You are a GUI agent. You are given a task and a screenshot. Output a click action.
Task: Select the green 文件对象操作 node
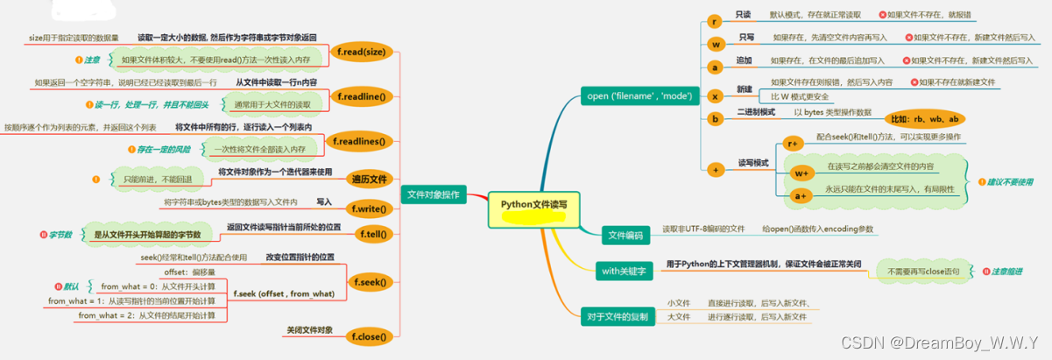click(x=434, y=194)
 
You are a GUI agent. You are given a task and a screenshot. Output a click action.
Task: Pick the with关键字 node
click(x=623, y=272)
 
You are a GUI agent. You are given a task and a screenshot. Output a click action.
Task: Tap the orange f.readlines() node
click(x=360, y=140)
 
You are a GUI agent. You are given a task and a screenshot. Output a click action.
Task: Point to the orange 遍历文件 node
click(x=370, y=180)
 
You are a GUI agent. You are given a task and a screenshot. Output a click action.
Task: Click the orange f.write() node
click(x=370, y=208)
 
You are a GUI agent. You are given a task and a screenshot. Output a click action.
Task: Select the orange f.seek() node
click(x=370, y=282)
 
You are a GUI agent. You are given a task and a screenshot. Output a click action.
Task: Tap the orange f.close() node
click(x=370, y=335)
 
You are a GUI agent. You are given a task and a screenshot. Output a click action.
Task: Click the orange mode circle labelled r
click(x=715, y=20)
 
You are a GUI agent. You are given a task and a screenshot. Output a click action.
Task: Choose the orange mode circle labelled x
click(x=715, y=95)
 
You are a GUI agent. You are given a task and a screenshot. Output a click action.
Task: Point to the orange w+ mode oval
click(x=802, y=173)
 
